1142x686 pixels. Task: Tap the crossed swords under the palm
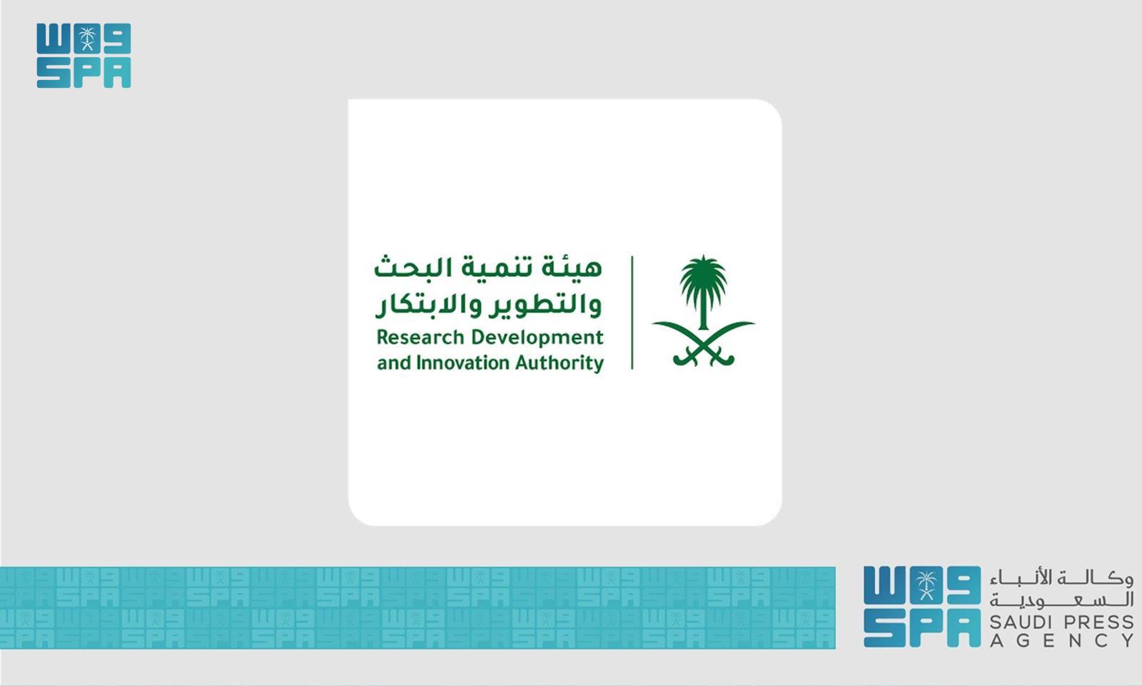(x=703, y=346)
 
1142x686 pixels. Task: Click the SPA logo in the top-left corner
(x=84, y=56)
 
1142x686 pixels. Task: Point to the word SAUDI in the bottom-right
(x=1023, y=622)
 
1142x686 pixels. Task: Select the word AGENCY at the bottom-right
(x=1062, y=640)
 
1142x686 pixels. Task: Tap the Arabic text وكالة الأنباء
(x=1062, y=577)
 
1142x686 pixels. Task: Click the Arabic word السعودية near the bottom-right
(x=1062, y=600)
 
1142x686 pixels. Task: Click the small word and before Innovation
(x=393, y=363)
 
